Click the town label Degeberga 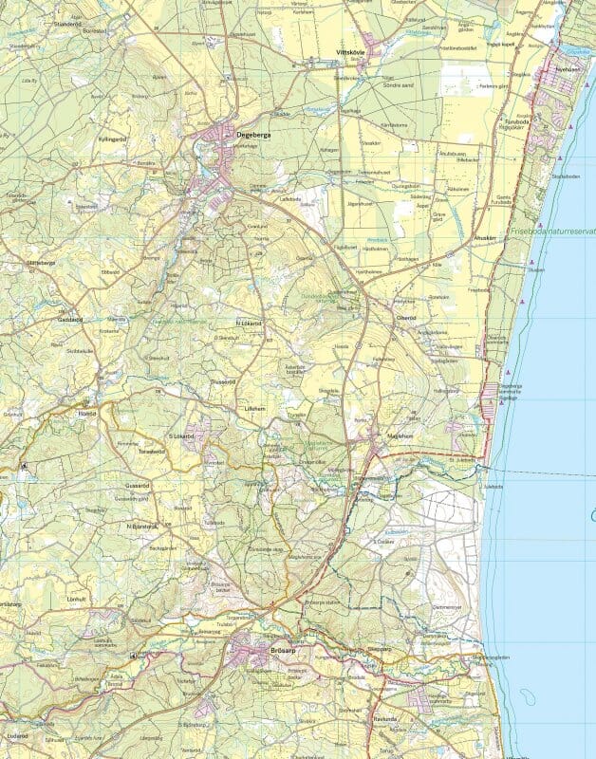252,136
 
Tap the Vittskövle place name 351,52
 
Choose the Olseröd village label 406,318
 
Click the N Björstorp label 141,525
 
